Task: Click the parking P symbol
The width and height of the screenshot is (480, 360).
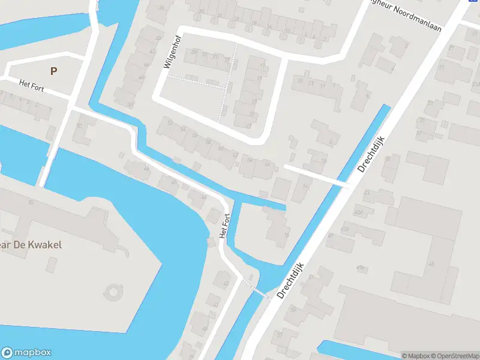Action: (54, 71)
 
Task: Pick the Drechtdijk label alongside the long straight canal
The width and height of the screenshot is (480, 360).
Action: (371, 154)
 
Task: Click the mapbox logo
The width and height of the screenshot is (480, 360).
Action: (26, 353)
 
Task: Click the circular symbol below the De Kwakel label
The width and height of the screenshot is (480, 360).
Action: (112, 292)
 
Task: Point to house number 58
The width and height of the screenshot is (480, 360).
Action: (209, 142)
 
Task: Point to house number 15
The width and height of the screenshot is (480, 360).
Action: (299, 82)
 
